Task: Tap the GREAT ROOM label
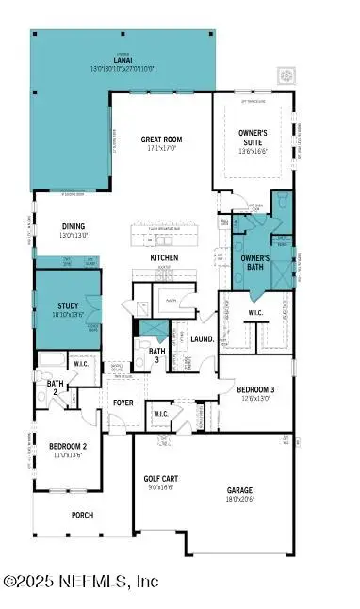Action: click(162, 140)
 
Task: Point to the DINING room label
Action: click(74, 226)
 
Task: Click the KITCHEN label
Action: click(163, 257)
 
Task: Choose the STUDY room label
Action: click(67, 305)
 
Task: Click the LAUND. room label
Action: click(202, 338)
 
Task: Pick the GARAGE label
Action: click(240, 490)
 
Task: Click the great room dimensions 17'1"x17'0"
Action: click(162, 148)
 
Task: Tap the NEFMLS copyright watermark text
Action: click(81, 583)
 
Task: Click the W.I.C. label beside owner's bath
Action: click(254, 313)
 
